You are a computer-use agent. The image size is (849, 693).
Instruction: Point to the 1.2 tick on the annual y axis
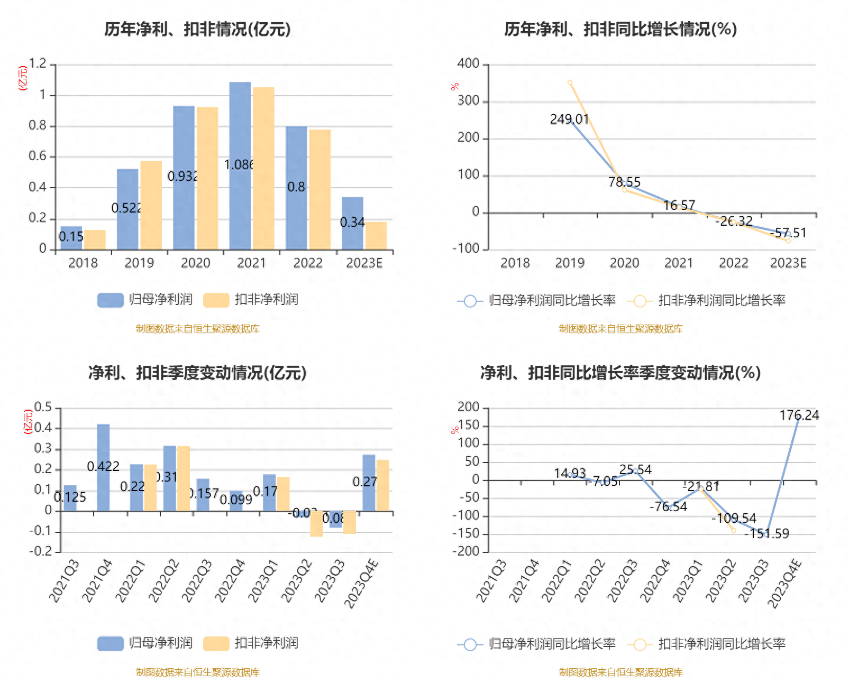[x=38, y=64]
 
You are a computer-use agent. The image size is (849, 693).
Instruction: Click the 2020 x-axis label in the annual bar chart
[x=195, y=263]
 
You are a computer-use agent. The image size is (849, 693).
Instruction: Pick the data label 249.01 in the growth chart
[x=569, y=119]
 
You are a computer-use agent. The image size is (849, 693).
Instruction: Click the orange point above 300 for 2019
[x=570, y=83]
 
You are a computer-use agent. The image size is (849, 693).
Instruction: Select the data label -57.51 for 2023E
[x=788, y=233]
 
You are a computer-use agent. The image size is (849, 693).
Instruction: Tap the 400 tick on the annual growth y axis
[x=468, y=64]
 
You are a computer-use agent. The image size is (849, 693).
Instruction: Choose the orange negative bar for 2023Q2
[x=316, y=524]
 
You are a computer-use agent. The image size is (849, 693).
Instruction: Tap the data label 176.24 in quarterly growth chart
[x=799, y=415]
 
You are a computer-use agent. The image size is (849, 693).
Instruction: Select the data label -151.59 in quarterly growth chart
[x=766, y=534]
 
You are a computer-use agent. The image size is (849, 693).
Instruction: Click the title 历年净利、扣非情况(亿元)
[x=197, y=30]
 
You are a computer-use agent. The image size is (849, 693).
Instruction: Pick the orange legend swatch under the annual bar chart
[x=216, y=300]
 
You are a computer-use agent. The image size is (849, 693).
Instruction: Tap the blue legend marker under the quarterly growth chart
[x=470, y=644]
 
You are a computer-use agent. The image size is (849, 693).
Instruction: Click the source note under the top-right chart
[x=620, y=329]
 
